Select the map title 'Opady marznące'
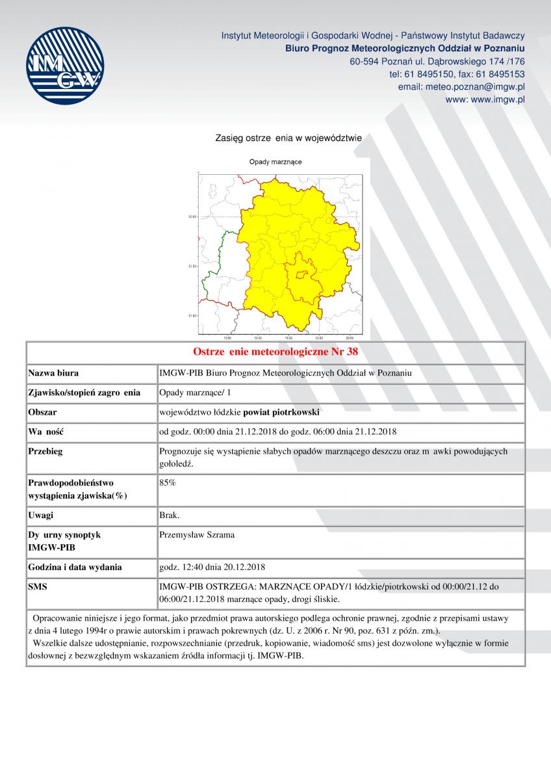click(x=275, y=161)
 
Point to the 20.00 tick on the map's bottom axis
click(x=319, y=338)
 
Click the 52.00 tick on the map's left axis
click(x=192, y=216)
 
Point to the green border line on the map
click(x=214, y=260)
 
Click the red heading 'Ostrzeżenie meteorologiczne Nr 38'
click(x=275, y=352)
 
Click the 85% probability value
click(x=168, y=483)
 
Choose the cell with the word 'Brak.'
click(x=170, y=515)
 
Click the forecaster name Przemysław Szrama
click(x=197, y=535)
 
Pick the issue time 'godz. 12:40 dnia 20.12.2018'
click(x=212, y=567)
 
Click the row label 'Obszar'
click(x=43, y=412)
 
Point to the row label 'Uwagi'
click(x=41, y=515)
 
